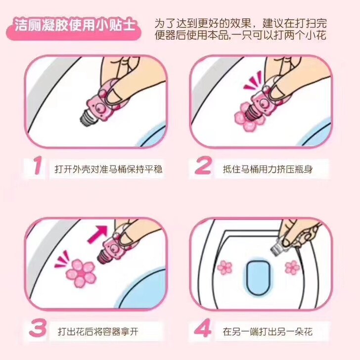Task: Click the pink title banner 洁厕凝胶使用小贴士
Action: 74,26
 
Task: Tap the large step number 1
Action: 38,166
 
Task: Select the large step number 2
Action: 203,166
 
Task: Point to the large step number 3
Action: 38,328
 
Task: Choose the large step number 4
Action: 203,328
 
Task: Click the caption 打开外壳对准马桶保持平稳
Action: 108,169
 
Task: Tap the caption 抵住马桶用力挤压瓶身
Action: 268,170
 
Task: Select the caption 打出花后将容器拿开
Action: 98,332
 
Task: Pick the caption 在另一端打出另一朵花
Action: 268,332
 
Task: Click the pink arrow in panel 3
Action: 97,234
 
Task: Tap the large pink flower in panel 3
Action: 81,273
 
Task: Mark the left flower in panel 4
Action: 225,268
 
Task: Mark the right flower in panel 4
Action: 292,267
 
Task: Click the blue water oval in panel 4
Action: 258,277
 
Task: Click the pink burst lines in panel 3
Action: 62,259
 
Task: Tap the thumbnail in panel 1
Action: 114,95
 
